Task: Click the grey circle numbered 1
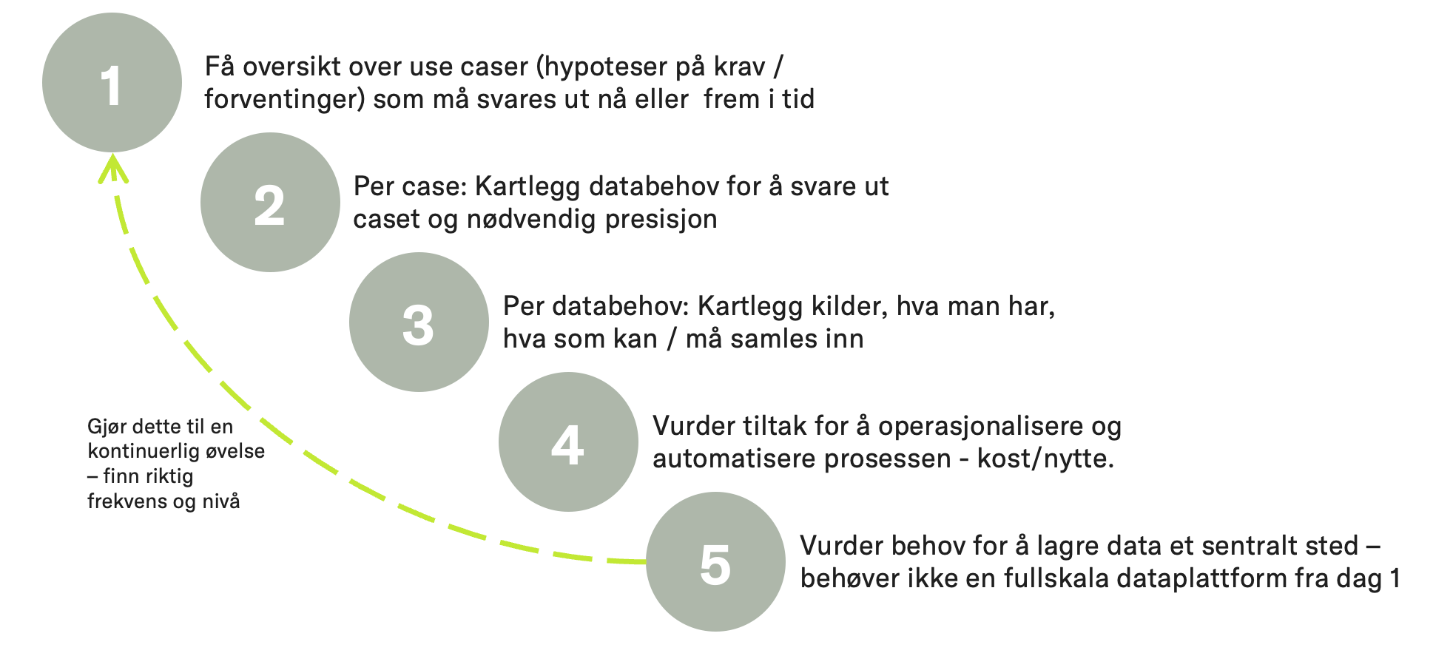pyautogui.click(x=112, y=83)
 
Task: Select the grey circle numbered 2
pyautogui.click(x=270, y=203)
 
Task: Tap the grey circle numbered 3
pyautogui.click(x=419, y=322)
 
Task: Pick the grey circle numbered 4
pyautogui.click(x=568, y=442)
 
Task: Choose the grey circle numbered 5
pyautogui.click(x=715, y=562)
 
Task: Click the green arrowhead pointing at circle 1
pyautogui.click(x=113, y=168)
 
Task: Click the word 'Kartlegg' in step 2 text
pyautogui.click(x=527, y=187)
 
